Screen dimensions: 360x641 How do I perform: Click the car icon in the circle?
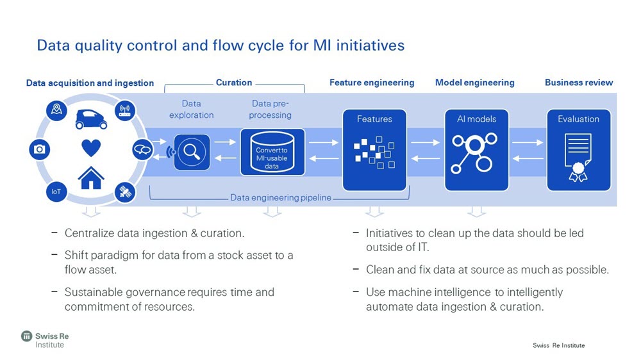click(x=92, y=118)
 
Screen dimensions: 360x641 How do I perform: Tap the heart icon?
click(x=91, y=148)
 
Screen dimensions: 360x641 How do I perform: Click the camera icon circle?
click(x=39, y=149)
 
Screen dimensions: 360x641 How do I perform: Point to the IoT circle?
click(x=56, y=192)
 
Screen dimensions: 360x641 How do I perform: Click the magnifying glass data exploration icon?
click(x=192, y=152)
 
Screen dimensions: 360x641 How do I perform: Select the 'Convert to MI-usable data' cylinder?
click(x=272, y=152)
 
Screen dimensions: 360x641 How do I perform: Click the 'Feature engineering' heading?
click(x=372, y=83)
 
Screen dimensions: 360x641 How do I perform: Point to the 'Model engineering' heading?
click(x=474, y=83)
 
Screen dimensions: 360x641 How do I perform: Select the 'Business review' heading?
click(x=578, y=83)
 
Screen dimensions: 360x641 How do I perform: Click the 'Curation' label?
click(x=234, y=83)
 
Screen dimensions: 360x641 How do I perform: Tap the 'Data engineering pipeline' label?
click(x=281, y=198)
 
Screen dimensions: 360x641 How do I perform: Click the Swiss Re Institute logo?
click(x=43, y=340)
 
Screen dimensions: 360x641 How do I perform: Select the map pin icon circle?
click(x=56, y=110)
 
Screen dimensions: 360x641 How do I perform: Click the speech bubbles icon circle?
click(x=142, y=150)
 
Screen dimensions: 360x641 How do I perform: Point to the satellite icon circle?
click(x=124, y=192)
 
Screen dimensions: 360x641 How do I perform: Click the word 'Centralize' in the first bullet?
click(x=89, y=233)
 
